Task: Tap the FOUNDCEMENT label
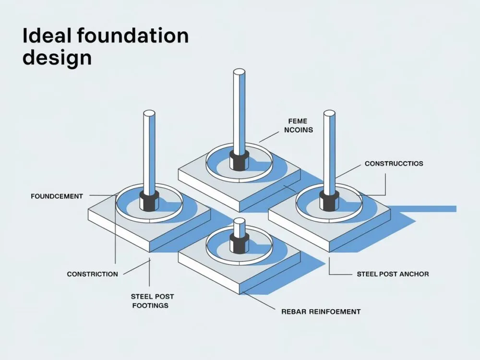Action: click(x=57, y=196)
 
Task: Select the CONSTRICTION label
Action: click(x=92, y=274)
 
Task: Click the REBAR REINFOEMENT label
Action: click(x=321, y=312)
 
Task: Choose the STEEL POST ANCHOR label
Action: click(x=393, y=274)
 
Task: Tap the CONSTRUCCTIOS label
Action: click(x=394, y=164)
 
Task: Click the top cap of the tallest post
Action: click(x=239, y=72)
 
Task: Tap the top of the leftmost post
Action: click(x=149, y=114)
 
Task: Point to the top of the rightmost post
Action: click(x=329, y=113)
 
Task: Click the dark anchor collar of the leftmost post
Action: click(x=149, y=201)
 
